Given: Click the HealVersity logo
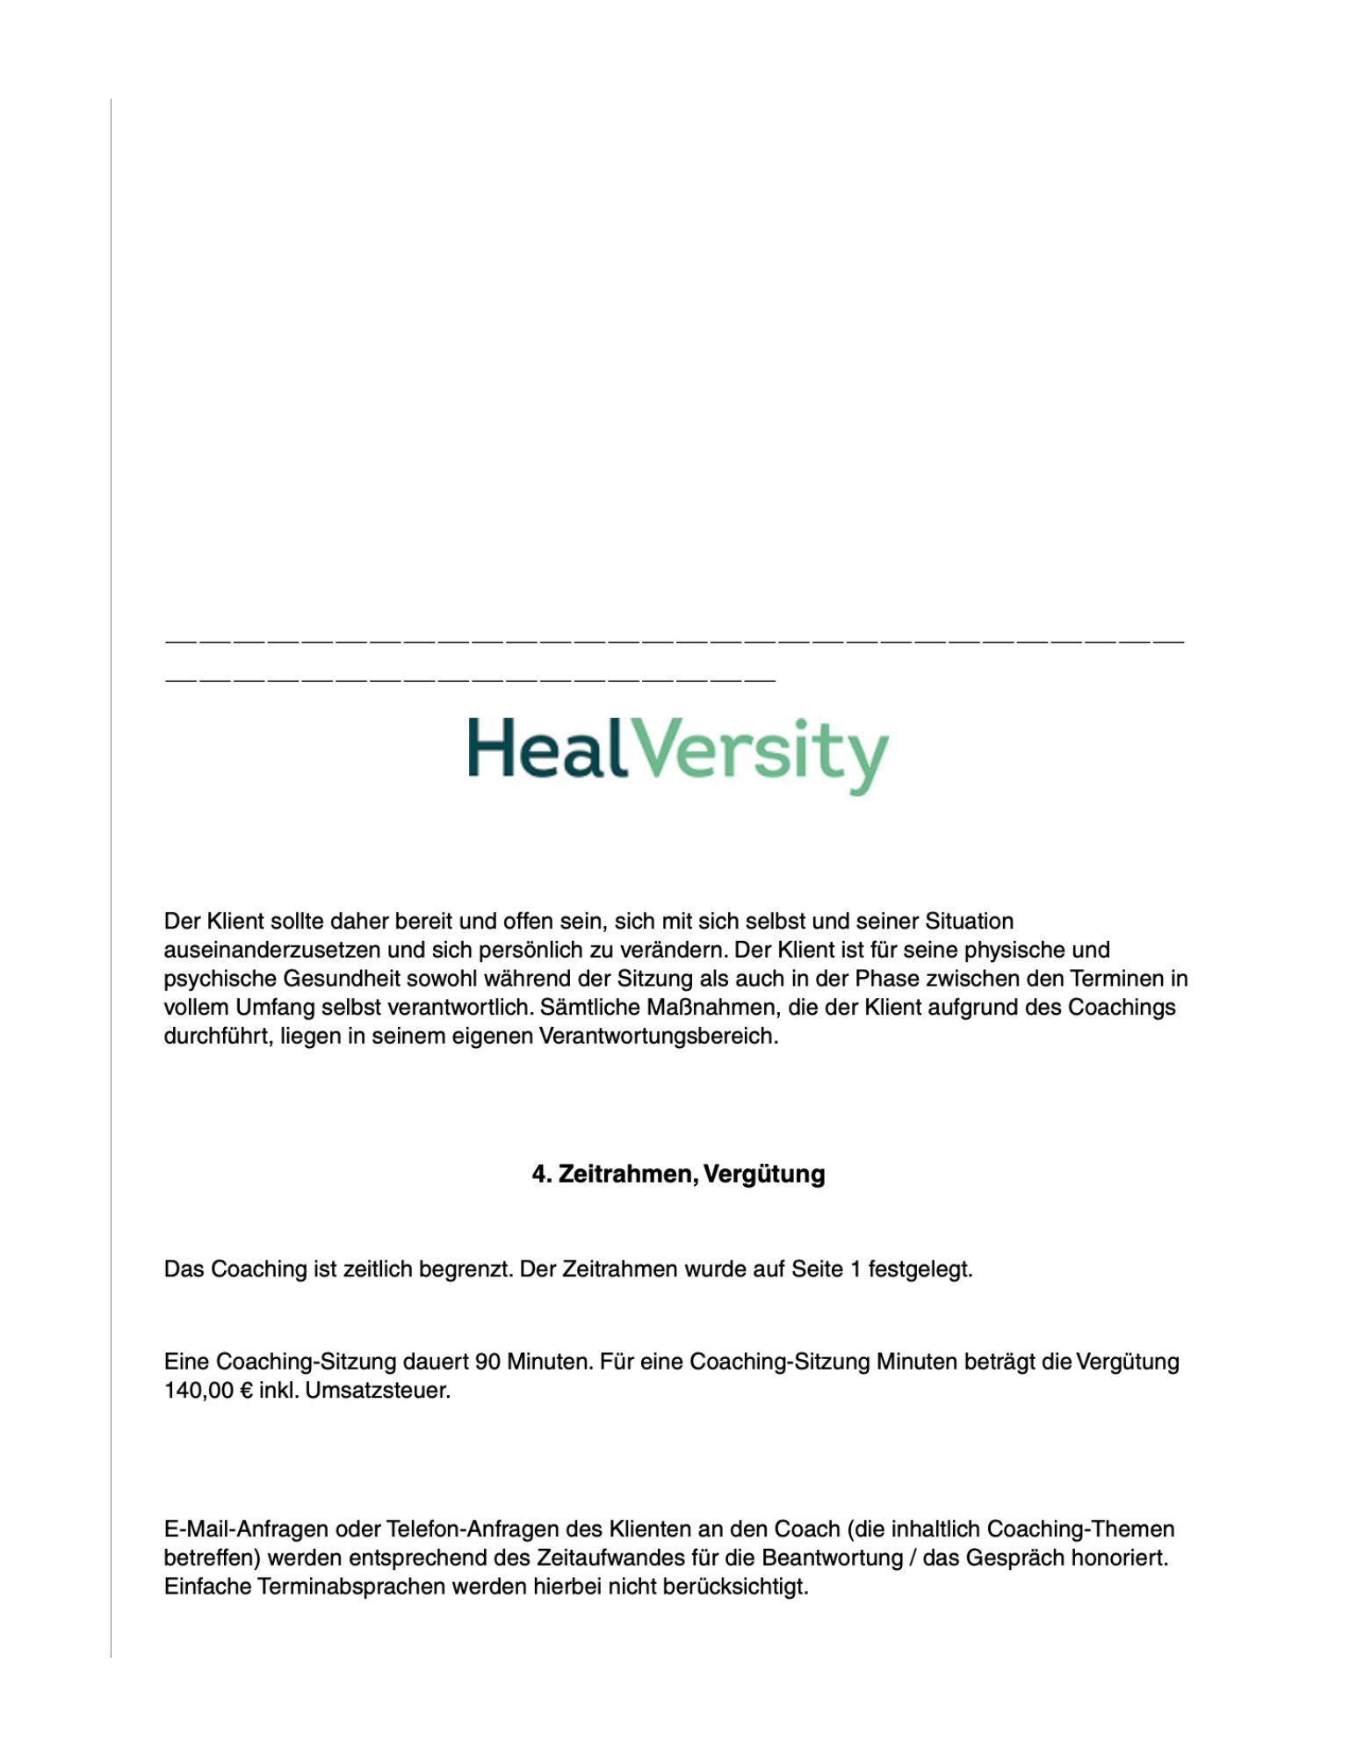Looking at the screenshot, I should tap(677, 756).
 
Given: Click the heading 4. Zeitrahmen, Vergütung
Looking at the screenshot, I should tap(678, 1175).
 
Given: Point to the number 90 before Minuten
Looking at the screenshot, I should tap(487, 1362).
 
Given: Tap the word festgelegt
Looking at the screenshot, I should tap(920, 1269).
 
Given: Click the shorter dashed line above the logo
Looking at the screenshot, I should tap(470, 678).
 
